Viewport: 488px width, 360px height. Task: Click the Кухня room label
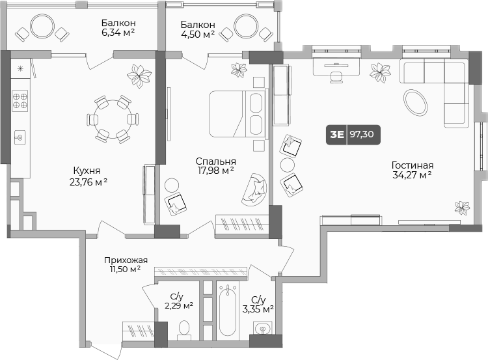point(87,171)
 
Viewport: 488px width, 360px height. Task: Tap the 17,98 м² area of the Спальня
point(216,171)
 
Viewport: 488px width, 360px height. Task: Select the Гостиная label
point(413,165)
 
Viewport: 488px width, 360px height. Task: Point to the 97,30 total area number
point(362,134)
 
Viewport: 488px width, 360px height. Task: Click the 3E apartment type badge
point(337,135)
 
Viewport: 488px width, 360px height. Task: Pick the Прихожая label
point(126,260)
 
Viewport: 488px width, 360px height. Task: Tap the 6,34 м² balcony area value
point(118,32)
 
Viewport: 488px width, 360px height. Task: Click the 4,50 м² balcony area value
point(198,34)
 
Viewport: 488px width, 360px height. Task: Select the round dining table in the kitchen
point(113,119)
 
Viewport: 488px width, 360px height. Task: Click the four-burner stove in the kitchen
point(20,101)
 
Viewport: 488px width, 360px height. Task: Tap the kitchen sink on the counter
point(20,137)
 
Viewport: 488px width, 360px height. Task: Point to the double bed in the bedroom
point(238,114)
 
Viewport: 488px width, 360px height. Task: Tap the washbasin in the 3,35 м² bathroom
point(263,328)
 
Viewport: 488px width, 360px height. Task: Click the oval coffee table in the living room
point(415,102)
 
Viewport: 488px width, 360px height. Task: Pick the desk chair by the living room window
point(336,77)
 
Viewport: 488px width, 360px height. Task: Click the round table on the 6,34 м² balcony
point(42,26)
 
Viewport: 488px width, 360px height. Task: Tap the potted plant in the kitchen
point(139,76)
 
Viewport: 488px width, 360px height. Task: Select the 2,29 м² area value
point(179,306)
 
